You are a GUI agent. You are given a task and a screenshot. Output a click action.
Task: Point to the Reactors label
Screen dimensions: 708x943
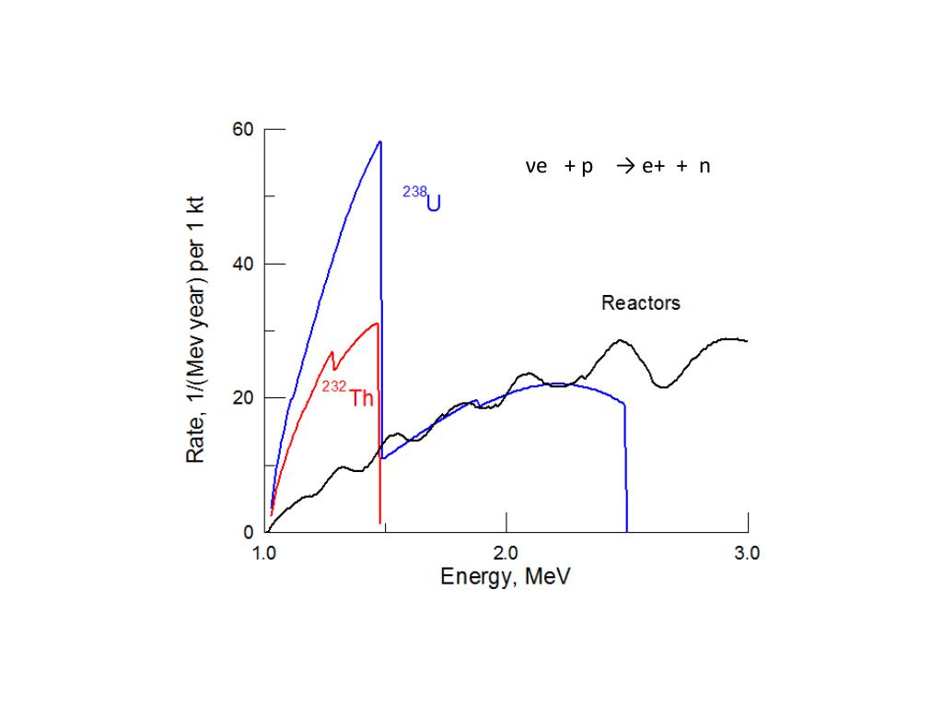(x=641, y=302)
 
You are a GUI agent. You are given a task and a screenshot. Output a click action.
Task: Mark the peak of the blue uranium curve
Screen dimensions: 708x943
(x=379, y=142)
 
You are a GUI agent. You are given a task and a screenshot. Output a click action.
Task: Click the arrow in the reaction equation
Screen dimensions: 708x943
(x=625, y=167)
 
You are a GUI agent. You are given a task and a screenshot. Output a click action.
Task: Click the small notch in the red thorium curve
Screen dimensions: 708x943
(x=334, y=369)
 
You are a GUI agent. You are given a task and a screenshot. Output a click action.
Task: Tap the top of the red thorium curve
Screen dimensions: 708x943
(x=377, y=324)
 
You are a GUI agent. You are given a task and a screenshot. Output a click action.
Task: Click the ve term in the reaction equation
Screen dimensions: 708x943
(x=536, y=167)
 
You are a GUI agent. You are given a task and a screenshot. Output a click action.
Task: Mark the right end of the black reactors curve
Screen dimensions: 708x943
(x=747, y=341)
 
